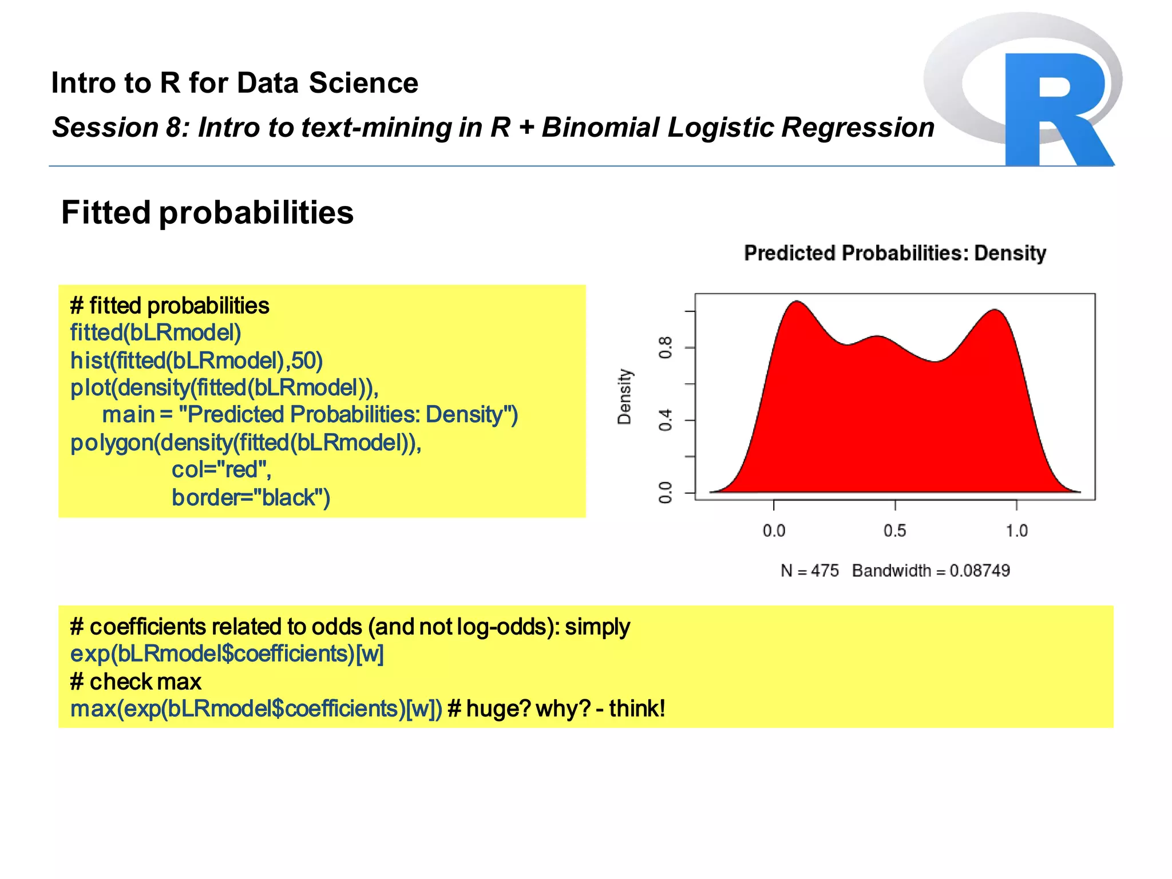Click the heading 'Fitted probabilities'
(207, 213)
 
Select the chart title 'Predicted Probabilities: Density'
(894, 253)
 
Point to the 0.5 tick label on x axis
(894, 530)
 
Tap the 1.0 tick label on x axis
(1016, 530)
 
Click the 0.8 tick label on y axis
(665, 347)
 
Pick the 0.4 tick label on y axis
(665, 420)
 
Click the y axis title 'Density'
(624, 396)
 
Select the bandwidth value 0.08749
(979, 571)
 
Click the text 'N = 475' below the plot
(809, 571)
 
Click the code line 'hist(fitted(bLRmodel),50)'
(196, 361)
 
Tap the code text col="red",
(221, 470)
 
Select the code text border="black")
(251, 497)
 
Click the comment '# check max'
(136, 682)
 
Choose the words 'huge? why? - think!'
(565, 708)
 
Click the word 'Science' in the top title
(363, 83)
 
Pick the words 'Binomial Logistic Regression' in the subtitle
(738, 127)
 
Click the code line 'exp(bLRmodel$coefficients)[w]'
(227, 654)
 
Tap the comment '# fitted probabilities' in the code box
(169, 306)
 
